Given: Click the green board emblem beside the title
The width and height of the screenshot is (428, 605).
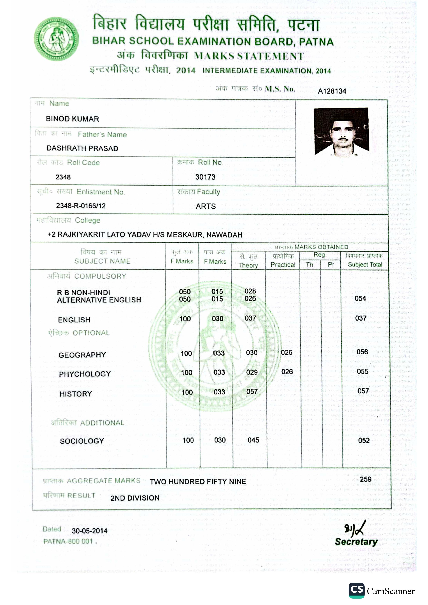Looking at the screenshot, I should (x=56, y=39).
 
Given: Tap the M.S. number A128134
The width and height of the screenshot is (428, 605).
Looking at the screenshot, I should (x=332, y=91).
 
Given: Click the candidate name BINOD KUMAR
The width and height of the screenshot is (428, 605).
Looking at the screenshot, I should (x=72, y=119).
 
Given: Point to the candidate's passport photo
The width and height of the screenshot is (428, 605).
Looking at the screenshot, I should (x=341, y=132).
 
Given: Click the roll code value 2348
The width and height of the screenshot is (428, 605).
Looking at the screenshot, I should (x=63, y=177).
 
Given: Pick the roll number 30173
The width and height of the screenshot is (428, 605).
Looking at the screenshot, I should (x=205, y=177).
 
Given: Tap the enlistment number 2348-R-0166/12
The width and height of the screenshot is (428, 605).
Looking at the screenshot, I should (x=81, y=206).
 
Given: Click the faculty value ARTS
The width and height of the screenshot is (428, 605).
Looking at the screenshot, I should (x=205, y=206).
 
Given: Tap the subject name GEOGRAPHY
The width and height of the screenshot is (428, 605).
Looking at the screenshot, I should (x=82, y=355).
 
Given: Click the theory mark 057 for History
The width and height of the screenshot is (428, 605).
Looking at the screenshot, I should (x=252, y=392).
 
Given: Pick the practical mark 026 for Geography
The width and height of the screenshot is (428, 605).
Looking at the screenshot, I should (x=286, y=353).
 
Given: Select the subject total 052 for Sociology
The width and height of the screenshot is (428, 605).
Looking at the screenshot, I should (x=364, y=440).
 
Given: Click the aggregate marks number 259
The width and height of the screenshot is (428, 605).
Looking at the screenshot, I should (x=366, y=479).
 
